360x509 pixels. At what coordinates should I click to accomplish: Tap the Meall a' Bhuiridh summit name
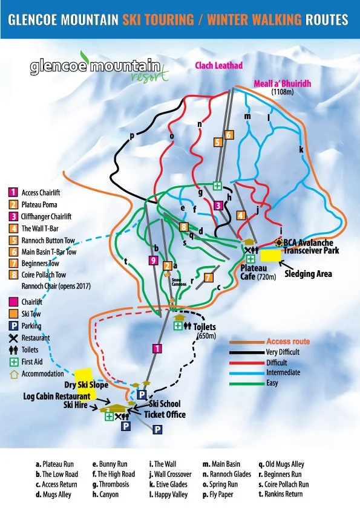click(x=282, y=84)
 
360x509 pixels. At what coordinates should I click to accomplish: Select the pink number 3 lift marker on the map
click(x=218, y=206)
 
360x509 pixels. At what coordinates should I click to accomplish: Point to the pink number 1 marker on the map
click(x=157, y=348)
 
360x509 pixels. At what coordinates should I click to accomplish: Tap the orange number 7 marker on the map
click(x=208, y=277)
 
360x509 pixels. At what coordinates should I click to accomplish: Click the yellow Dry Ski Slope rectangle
click(x=83, y=377)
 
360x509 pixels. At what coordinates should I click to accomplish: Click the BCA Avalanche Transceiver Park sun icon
click(x=279, y=242)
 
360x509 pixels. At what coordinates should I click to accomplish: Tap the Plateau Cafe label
click(x=258, y=271)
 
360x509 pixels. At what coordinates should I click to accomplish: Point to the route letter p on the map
click(x=131, y=135)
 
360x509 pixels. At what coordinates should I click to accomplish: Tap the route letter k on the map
click(x=301, y=149)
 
